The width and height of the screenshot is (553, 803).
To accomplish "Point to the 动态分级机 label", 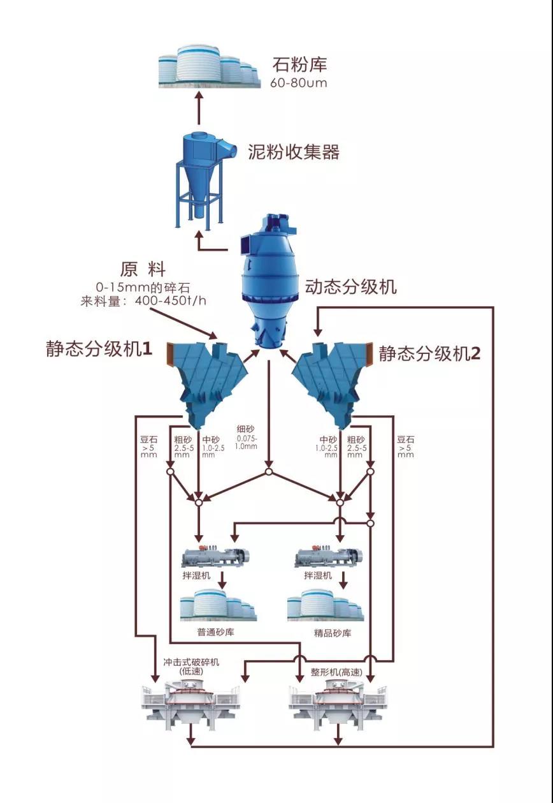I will (350, 286).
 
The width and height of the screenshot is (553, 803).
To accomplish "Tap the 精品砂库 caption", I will (332, 633).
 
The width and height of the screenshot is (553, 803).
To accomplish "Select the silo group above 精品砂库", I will (325, 605).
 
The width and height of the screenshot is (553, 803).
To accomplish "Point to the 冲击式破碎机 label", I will (190, 662).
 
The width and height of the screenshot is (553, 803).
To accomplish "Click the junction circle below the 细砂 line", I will (269, 472).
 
